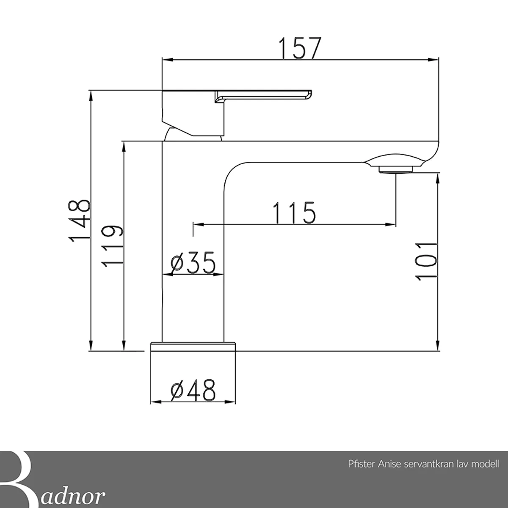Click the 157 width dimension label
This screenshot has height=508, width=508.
click(300, 48)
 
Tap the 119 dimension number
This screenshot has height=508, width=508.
click(112, 246)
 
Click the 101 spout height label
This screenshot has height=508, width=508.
click(426, 262)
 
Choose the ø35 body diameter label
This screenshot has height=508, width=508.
click(193, 262)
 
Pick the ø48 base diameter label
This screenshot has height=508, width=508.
click(193, 390)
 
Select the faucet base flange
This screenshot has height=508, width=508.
click(193, 346)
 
